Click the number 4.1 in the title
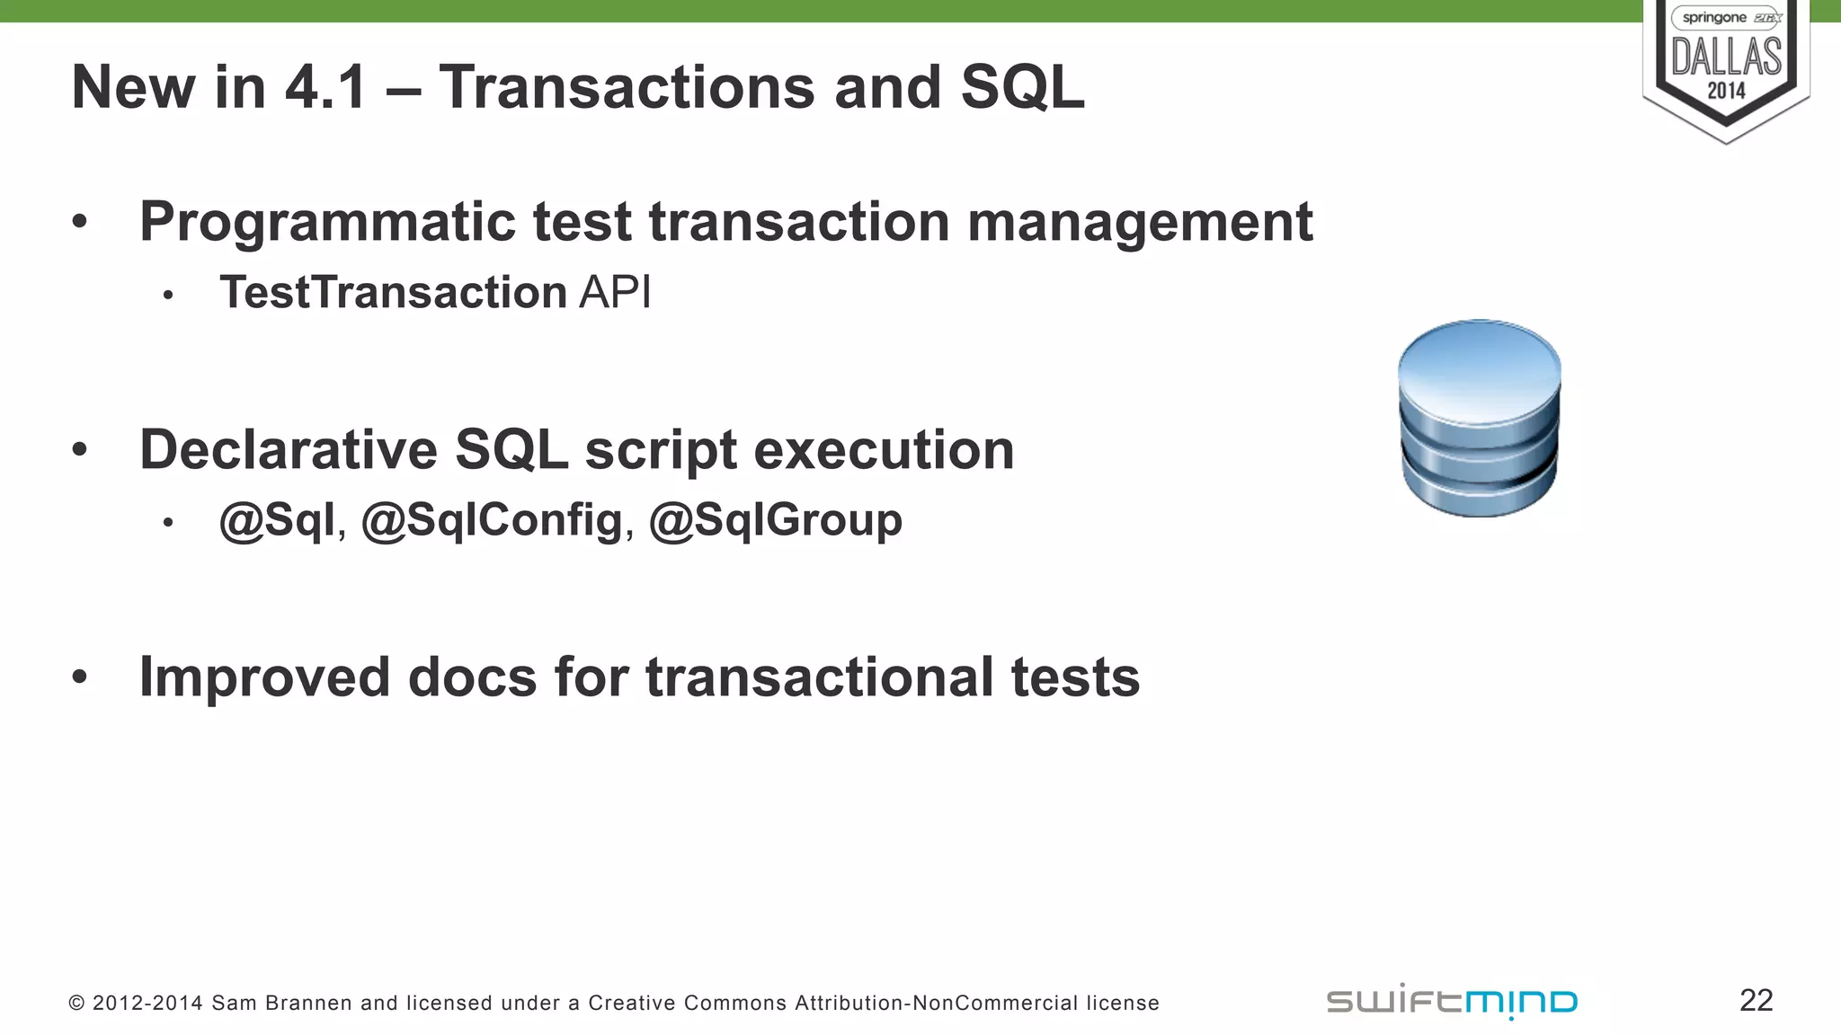click(325, 87)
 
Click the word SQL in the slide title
click(1022, 87)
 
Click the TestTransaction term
click(393, 292)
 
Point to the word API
click(615, 292)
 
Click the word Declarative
click(288, 449)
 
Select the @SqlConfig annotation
click(492, 520)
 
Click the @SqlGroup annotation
click(776, 520)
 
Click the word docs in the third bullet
click(472, 677)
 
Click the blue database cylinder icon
click(1479, 418)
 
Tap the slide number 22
click(1756, 1000)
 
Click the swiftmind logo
click(1452, 1002)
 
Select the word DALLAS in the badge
click(1726, 57)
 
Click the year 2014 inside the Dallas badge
click(1726, 91)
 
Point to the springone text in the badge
click(1713, 18)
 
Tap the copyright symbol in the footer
click(76, 1003)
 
